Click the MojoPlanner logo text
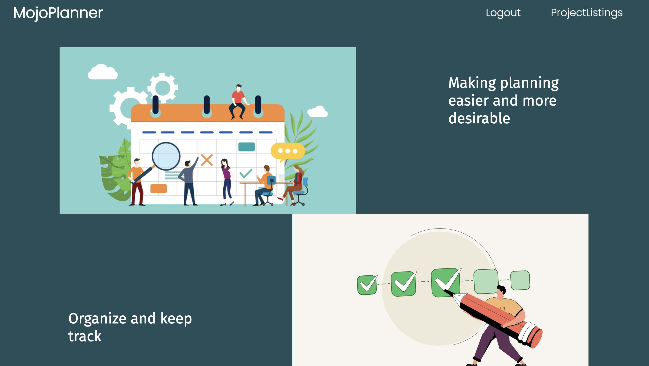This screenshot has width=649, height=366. [58, 13]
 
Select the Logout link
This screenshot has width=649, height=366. [503, 13]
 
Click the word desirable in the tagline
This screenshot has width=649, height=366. [479, 118]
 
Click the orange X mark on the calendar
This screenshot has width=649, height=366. [207, 160]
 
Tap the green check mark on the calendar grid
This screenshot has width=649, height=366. [246, 174]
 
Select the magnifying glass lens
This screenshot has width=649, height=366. [166, 156]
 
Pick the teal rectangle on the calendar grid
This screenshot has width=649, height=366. [246, 147]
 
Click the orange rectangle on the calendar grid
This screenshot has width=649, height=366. [158, 189]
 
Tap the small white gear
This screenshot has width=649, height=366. [163, 88]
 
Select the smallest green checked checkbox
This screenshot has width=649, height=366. [367, 285]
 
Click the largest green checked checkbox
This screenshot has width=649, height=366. [446, 283]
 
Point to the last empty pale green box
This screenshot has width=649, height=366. [520, 280]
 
